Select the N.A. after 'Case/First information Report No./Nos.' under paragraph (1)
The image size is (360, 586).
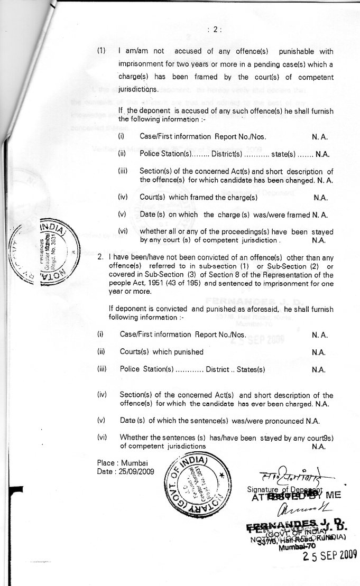pyautogui.click(x=321, y=137)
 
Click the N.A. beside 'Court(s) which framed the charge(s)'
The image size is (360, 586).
pyautogui.click(x=321, y=198)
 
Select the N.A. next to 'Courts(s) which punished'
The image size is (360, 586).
pyautogui.click(x=319, y=352)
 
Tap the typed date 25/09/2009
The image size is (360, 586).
pyautogui.click(x=138, y=471)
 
